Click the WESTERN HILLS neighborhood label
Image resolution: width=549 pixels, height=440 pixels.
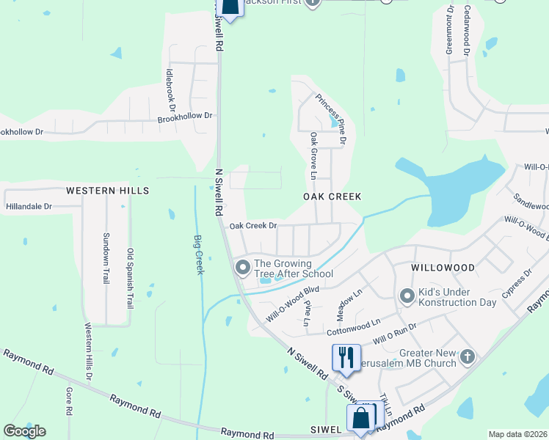[107, 191]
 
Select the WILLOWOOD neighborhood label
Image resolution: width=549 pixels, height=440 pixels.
[443, 268]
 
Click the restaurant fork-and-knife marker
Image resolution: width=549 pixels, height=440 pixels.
[344, 357]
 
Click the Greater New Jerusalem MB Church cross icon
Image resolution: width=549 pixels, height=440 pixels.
[468, 358]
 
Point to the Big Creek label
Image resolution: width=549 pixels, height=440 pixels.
[198, 254]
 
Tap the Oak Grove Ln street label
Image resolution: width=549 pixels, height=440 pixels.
[313, 155]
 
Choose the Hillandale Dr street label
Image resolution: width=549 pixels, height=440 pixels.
[29, 207]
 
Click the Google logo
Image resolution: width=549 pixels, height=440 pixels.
[25, 431]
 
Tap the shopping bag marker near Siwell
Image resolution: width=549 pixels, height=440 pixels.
[360, 420]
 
